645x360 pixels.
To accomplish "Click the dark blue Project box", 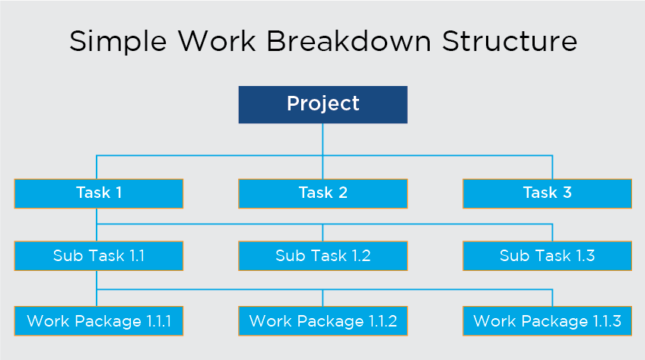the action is [323, 104].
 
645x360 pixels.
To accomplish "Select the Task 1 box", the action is [99, 193].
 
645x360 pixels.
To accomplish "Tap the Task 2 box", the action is [323, 193].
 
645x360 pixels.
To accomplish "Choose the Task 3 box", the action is [547, 193].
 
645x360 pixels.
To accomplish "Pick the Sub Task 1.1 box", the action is [99, 256].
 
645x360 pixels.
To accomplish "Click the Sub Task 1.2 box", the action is [323, 256].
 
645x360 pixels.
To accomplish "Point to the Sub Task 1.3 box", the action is [547, 256].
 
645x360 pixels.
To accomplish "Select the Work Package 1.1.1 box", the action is [99, 321].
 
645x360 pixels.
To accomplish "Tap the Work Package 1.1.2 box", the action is [323, 321].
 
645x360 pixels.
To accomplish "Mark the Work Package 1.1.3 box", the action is [547, 321].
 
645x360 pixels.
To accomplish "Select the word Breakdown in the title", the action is [349, 41].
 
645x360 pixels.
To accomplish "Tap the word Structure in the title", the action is [510, 41].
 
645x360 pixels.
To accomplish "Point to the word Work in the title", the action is [217, 41].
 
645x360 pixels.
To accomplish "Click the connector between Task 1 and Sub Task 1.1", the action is [97, 225].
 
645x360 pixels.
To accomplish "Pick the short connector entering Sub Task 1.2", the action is [323, 233].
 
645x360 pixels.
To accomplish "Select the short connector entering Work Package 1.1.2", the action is [323, 298].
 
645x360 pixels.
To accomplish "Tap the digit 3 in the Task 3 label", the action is [567, 193].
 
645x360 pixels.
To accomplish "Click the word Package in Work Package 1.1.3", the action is [554, 322].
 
